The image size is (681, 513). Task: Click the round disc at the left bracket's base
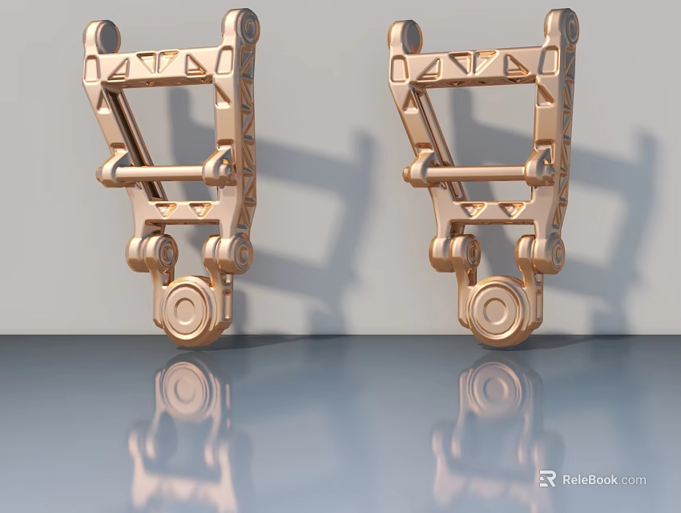[x=189, y=308]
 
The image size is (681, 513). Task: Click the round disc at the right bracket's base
[x=495, y=309]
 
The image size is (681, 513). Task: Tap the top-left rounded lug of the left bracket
[x=102, y=36]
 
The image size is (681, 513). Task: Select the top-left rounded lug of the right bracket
[x=405, y=36]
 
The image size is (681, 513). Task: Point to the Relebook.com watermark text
[x=603, y=480]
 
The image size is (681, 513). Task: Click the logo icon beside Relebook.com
[x=548, y=479]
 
